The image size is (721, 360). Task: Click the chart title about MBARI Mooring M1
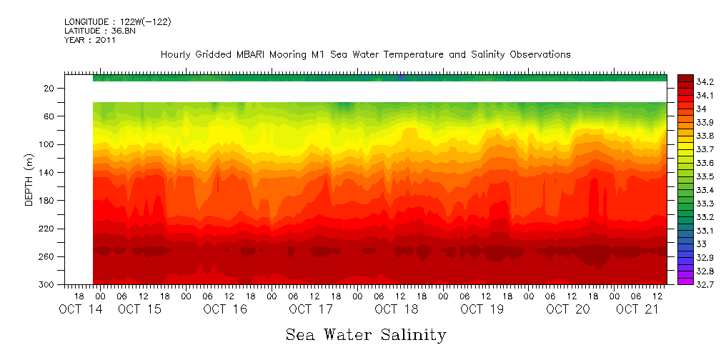pos(365,55)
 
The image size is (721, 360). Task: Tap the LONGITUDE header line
pos(117,22)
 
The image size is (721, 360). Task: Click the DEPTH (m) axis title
pos(29,182)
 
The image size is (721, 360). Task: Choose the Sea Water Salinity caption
pos(366,334)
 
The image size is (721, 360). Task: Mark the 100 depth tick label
pos(47,144)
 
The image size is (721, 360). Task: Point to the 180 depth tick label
pos(47,201)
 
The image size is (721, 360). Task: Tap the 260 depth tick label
pos(47,257)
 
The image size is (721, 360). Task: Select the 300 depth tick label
pos(47,285)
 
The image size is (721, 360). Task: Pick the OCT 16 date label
pos(225,309)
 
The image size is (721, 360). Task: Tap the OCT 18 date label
pos(397,309)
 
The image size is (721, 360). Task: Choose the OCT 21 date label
pos(637,309)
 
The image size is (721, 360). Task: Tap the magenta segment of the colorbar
pos(685,280)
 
